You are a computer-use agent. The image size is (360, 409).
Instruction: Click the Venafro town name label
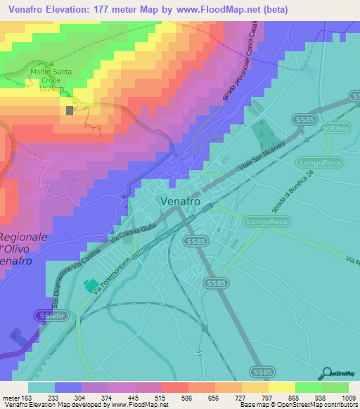pos(180,201)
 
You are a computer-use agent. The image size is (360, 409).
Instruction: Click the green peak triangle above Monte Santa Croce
pos(51,61)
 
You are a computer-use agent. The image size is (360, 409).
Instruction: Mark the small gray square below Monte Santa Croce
pos(70,110)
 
